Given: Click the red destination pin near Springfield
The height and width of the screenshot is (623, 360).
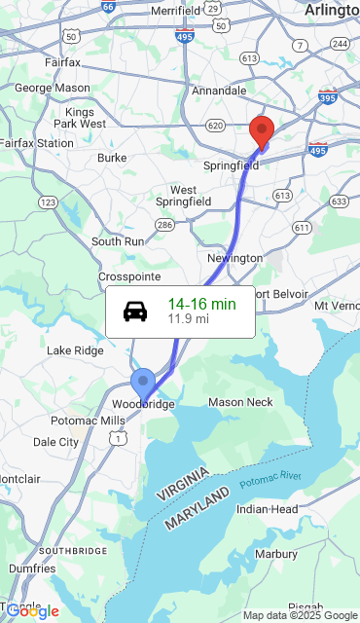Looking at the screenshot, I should (261, 130).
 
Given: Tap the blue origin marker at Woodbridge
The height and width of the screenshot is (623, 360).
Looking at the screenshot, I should (143, 381).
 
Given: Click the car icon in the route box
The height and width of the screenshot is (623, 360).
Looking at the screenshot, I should (135, 311).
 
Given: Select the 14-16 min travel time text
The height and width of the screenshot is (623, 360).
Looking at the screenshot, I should (201, 304).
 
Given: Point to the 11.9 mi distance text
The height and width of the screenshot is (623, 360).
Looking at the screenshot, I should (188, 318).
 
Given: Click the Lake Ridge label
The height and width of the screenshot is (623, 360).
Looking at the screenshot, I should (75, 350).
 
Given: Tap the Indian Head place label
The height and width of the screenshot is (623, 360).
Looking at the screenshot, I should (267, 509).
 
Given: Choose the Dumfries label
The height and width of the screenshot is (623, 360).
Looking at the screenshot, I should (33, 568).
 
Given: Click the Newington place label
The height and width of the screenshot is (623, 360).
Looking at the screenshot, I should (234, 258).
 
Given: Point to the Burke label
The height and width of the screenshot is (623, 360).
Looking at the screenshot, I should (112, 158).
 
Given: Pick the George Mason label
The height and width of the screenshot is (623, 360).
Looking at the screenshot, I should (52, 88).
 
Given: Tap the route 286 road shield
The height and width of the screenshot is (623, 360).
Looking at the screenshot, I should (164, 225).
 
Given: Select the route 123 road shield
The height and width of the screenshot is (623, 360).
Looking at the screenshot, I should (47, 202).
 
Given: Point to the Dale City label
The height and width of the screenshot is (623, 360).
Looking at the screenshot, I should (55, 441).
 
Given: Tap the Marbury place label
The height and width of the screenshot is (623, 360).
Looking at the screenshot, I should (275, 554).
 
